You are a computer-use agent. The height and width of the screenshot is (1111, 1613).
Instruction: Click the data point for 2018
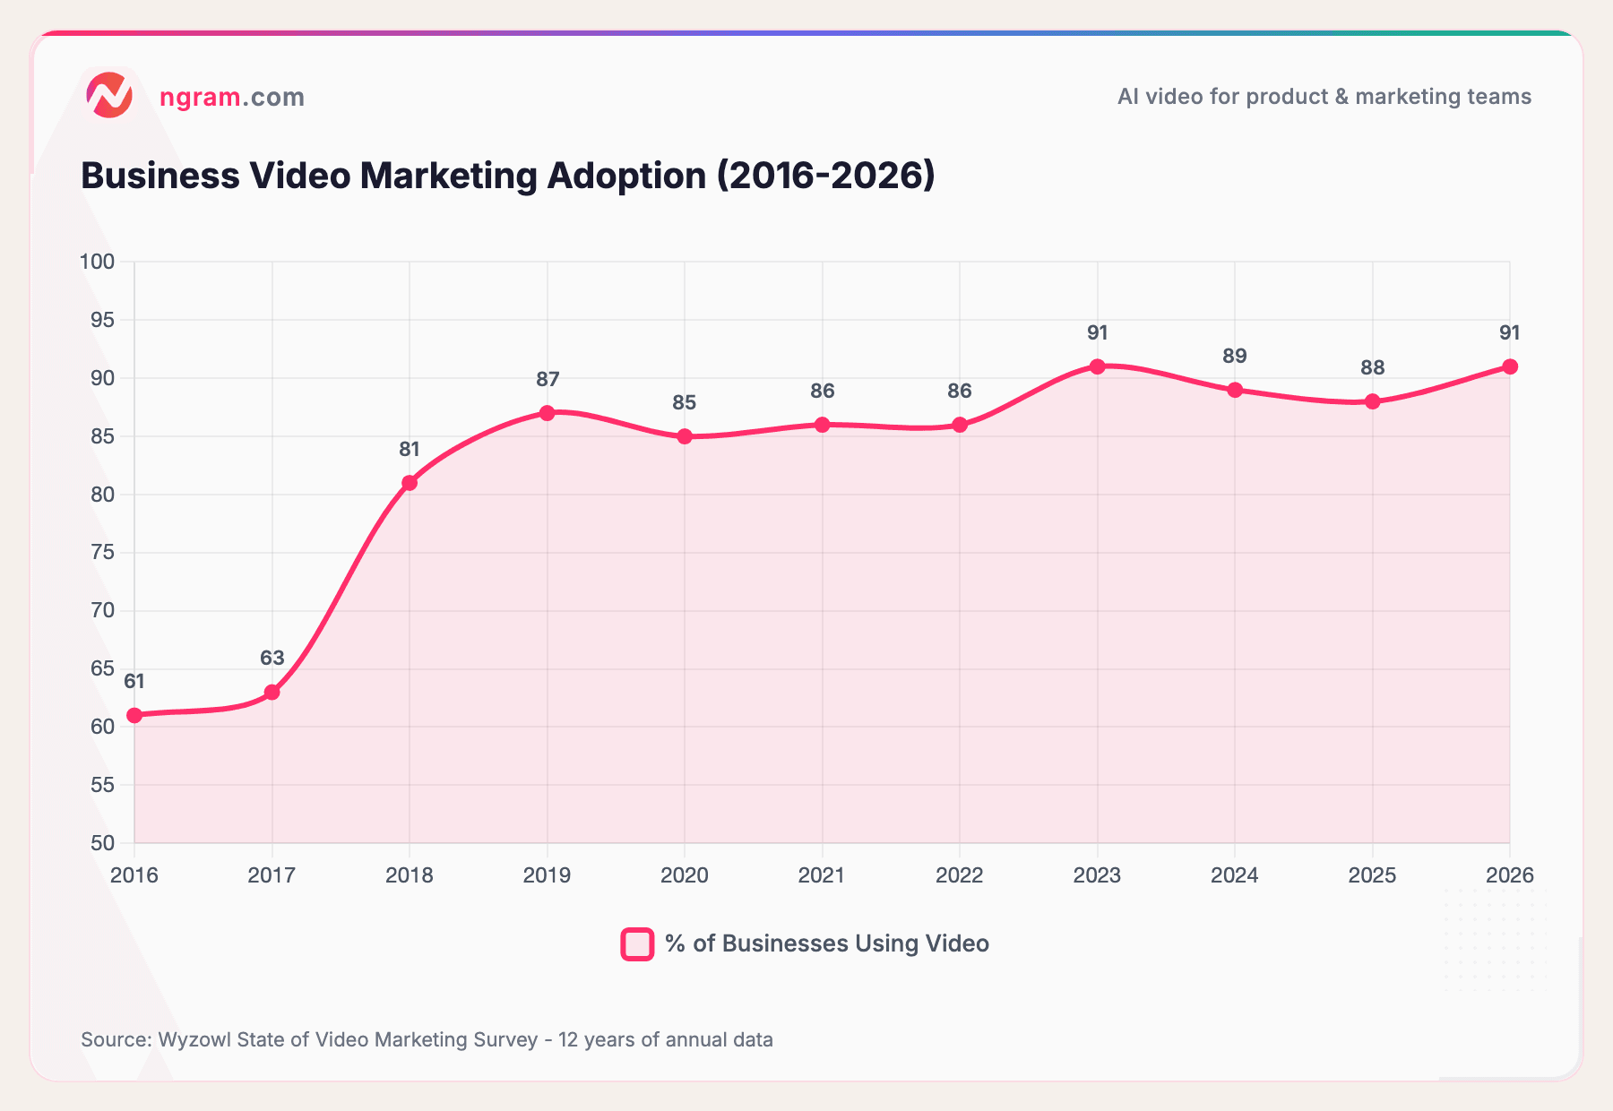click(x=410, y=483)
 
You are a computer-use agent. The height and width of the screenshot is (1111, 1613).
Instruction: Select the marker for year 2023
click(x=1097, y=366)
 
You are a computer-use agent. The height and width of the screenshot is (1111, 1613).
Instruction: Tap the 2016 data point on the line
click(x=134, y=715)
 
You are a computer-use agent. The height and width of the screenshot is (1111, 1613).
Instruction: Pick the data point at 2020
click(x=685, y=436)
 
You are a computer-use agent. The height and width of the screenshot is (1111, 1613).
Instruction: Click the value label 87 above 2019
click(x=548, y=379)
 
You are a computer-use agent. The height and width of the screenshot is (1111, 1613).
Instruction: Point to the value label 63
click(x=272, y=658)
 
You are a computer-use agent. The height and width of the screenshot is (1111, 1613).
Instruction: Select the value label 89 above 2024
click(x=1235, y=356)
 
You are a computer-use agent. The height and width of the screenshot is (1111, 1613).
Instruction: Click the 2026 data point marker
click(x=1510, y=366)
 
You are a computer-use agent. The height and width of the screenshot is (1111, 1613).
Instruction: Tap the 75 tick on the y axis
click(x=103, y=552)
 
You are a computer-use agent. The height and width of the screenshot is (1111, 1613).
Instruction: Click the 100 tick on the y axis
click(x=98, y=262)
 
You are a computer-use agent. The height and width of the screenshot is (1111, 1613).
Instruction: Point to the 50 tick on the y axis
click(x=103, y=843)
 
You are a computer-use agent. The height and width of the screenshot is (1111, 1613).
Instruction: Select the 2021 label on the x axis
click(x=822, y=875)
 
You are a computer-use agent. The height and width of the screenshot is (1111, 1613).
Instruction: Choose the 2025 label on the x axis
click(x=1372, y=875)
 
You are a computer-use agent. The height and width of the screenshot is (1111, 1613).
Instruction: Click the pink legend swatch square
click(x=637, y=943)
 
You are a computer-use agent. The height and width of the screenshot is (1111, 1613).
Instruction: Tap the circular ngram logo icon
click(x=109, y=96)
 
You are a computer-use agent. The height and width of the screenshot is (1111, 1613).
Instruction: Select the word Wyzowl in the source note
click(x=191, y=1039)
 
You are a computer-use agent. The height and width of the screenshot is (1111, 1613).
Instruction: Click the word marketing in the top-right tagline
click(x=1398, y=96)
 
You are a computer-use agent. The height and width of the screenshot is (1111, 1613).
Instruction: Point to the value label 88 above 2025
click(x=1372, y=367)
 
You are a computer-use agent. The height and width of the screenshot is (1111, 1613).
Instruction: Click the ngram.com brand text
click(x=232, y=97)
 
